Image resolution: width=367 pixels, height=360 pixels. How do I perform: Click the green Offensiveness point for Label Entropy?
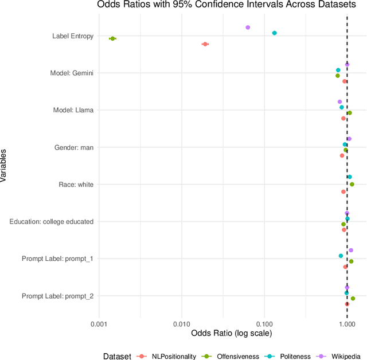(112, 38)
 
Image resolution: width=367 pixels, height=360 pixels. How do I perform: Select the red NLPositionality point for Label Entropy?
(205, 44)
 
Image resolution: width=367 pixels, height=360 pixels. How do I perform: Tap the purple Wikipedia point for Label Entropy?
(248, 28)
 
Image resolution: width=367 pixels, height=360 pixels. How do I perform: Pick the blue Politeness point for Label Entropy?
(274, 33)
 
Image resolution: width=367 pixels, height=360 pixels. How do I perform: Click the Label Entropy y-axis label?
(72, 36)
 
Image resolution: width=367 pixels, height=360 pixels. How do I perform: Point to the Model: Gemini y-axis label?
(73, 73)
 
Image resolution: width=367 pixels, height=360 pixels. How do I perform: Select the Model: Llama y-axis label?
(73, 110)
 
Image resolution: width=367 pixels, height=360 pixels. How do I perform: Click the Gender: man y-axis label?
(74, 147)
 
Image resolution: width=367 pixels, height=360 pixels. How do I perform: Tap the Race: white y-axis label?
(76, 185)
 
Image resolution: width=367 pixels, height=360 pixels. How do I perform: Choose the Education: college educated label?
(52, 221)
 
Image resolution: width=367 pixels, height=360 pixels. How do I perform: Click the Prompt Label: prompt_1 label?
(57, 259)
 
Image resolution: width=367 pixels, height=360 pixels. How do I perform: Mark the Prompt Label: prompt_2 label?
(57, 296)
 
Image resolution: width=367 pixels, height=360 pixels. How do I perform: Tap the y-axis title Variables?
(5, 166)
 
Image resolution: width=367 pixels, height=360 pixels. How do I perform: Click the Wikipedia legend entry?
(338, 356)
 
